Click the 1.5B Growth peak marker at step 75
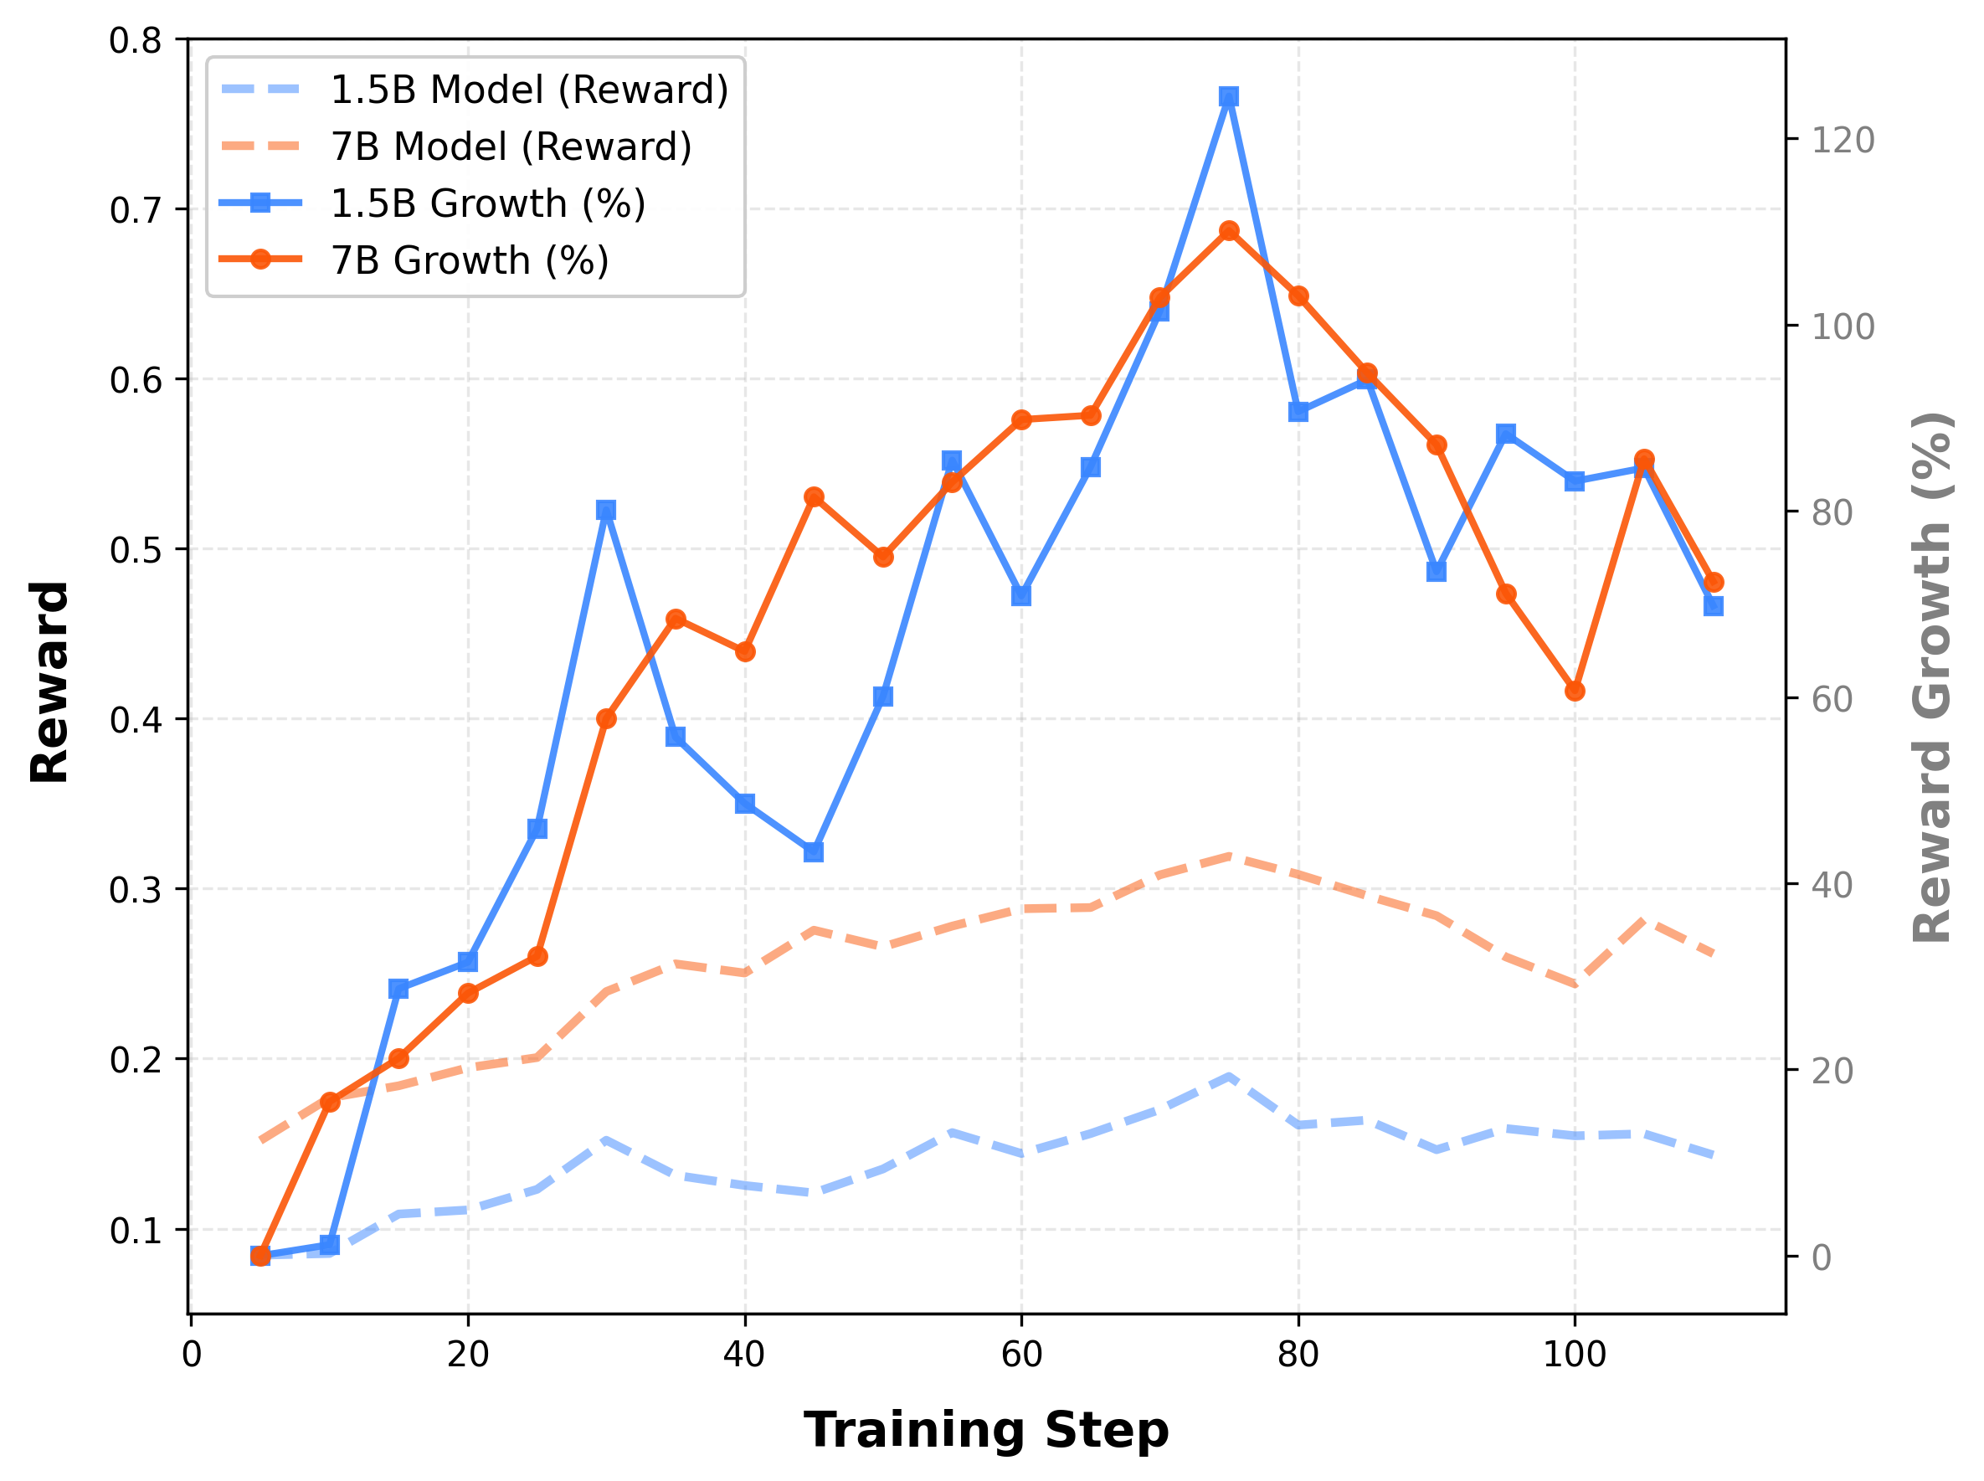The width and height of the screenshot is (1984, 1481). [x=1228, y=97]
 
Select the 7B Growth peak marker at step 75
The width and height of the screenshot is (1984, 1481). [x=1228, y=231]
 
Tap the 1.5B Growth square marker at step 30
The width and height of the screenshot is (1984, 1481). [x=606, y=510]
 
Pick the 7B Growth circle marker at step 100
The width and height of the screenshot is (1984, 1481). [x=1575, y=692]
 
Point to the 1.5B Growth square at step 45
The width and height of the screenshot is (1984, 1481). [x=813, y=851]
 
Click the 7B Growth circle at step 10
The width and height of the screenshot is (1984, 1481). [x=330, y=1102]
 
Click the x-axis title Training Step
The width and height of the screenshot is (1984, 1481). [x=986, y=1429]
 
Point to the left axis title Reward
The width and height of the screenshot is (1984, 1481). [x=50, y=682]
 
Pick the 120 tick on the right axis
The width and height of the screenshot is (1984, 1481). [x=1842, y=140]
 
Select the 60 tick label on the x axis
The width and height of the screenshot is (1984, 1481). [x=1021, y=1354]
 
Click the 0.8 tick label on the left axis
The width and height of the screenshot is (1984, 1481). [x=135, y=40]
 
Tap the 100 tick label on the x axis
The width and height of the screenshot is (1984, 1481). [x=1575, y=1354]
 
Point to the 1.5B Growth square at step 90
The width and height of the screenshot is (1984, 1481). [x=1437, y=571]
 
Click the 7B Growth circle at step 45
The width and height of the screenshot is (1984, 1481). [x=813, y=496]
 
